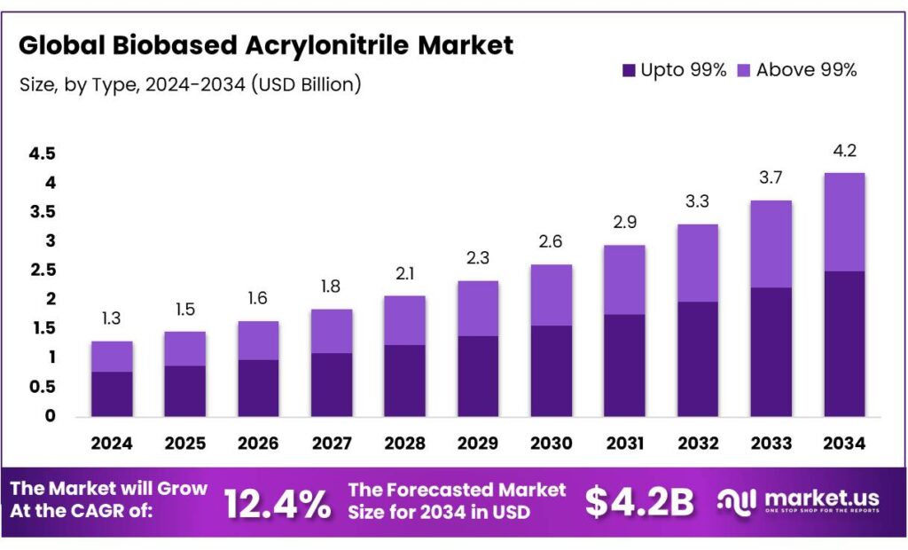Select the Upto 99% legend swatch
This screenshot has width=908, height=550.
tap(629, 70)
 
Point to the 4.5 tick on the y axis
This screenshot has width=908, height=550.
tap(42, 154)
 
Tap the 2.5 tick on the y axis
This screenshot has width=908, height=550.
tap(42, 271)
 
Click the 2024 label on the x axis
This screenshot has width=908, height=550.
tap(112, 443)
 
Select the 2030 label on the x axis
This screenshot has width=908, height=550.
tap(551, 443)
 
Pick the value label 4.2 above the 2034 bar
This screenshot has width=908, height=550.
tap(844, 150)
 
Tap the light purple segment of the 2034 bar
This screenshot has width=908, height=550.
tap(844, 222)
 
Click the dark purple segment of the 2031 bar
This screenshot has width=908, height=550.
tap(624, 365)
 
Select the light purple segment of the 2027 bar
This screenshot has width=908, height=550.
tap(332, 331)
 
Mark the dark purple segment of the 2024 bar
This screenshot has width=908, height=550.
tap(112, 394)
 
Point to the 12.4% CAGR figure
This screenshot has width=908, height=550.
tap(278, 504)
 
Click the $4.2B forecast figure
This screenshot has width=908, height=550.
tap(638, 502)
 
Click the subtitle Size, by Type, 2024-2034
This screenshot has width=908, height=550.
tap(190, 85)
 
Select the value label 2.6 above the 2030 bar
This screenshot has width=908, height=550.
tap(551, 241)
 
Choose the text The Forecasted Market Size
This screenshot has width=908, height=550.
tap(457, 500)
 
